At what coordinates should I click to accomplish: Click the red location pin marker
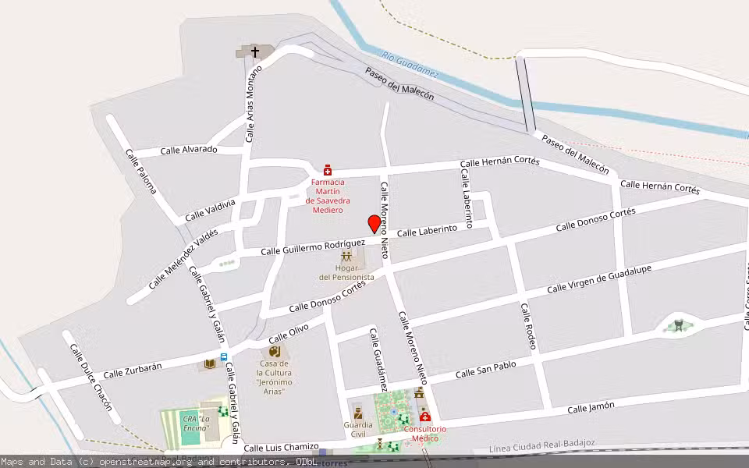click(x=374, y=224)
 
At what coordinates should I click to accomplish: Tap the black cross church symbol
click(x=254, y=51)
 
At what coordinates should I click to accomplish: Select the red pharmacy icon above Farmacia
click(x=328, y=169)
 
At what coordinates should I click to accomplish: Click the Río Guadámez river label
click(x=410, y=65)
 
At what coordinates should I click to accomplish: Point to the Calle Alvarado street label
click(x=189, y=150)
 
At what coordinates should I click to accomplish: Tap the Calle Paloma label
click(x=140, y=171)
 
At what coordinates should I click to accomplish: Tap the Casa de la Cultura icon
click(x=275, y=352)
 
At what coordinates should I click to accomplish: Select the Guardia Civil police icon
click(x=358, y=412)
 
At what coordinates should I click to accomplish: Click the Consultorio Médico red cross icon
click(x=425, y=417)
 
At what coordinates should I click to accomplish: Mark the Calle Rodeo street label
click(x=529, y=326)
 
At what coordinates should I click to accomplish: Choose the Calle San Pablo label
click(x=485, y=370)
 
